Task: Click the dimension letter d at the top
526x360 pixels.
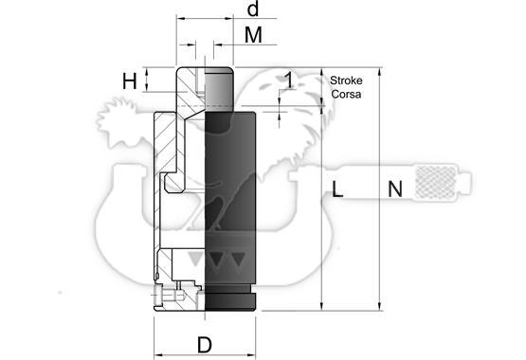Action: point(253,9)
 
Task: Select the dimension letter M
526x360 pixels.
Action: point(253,35)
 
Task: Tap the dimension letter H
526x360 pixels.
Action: point(130,81)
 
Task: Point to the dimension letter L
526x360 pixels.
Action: point(337,189)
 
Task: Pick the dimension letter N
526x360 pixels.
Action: point(395,189)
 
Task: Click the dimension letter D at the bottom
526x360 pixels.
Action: point(205,345)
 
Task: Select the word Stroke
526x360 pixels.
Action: point(346,81)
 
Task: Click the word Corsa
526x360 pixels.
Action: point(346,94)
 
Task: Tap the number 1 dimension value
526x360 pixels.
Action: point(288,81)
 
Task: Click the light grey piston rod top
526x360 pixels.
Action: point(219,86)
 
